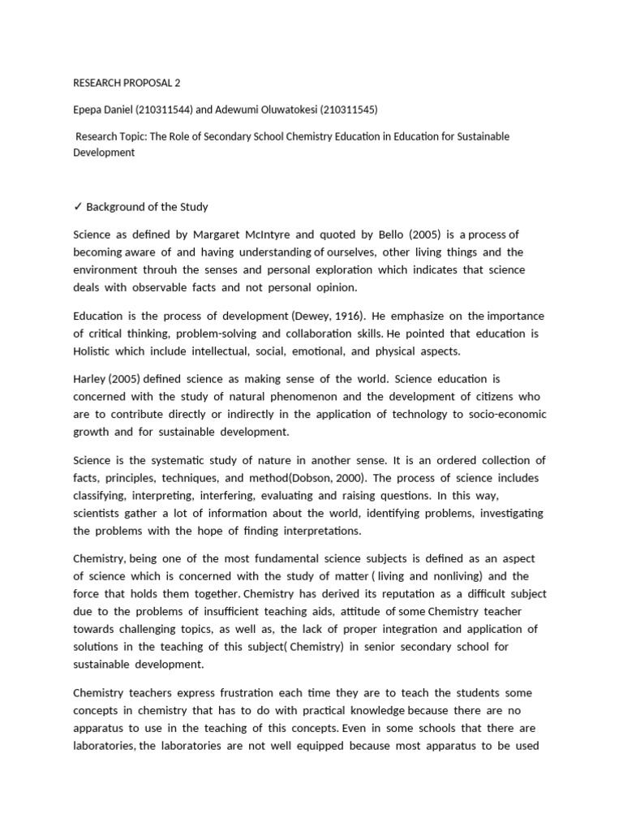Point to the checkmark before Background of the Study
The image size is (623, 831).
78,207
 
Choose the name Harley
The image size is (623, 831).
93,379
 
